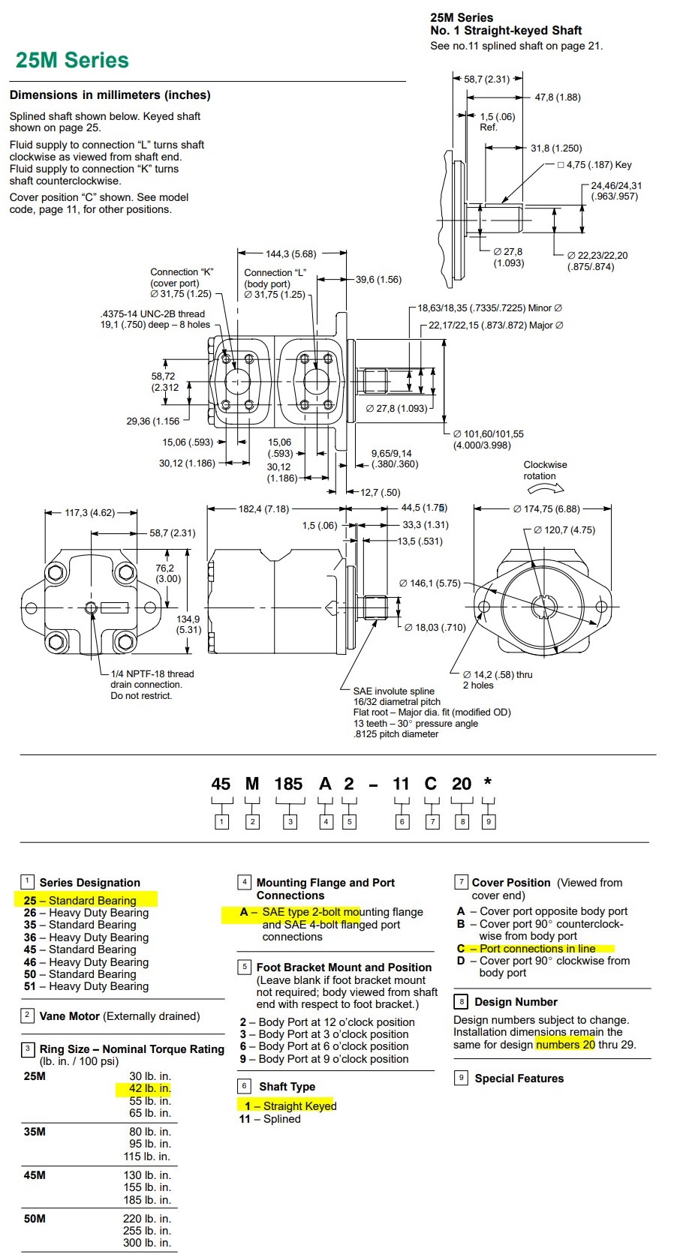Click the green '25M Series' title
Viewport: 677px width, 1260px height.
pos(72,60)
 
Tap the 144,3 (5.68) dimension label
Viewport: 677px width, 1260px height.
pos(290,254)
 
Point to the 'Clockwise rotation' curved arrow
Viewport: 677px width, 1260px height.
pos(546,488)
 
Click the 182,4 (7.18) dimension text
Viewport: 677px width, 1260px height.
pos(263,509)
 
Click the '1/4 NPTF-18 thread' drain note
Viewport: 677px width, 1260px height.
pos(152,674)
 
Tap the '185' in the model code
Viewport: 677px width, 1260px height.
pos(288,784)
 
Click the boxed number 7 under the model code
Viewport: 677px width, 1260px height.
pos(432,822)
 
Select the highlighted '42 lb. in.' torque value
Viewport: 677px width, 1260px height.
pos(149,1089)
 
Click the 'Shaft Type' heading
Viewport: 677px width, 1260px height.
pos(287,1087)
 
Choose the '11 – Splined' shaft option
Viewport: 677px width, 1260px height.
pos(270,1119)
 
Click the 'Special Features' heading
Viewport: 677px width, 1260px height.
pos(519,1078)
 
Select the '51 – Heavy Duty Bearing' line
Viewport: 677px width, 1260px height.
pos(86,987)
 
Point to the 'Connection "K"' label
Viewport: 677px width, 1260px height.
pos(182,272)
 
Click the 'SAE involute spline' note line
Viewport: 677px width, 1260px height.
pos(394,691)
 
